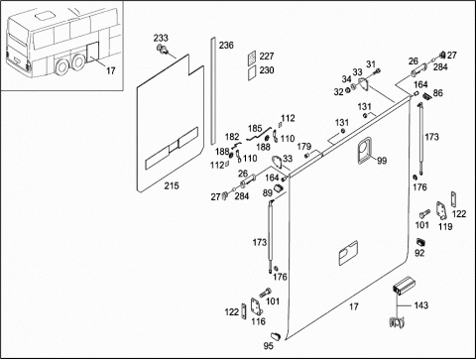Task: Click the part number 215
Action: tap(172, 185)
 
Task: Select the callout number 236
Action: tap(226, 45)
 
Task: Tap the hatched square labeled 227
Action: tap(252, 57)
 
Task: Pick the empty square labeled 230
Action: tap(252, 71)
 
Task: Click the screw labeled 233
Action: tap(163, 50)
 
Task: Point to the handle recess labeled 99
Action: tap(364, 150)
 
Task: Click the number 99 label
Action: tap(382, 161)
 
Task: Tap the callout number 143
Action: tap(421, 305)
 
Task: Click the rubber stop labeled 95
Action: tap(276, 336)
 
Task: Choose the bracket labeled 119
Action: tap(441, 211)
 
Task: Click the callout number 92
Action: tap(419, 253)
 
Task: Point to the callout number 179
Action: tap(304, 146)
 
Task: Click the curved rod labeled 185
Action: tap(259, 133)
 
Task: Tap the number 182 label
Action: tap(232, 137)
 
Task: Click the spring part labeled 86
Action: tap(427, 96)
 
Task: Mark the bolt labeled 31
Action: tap(377, 70)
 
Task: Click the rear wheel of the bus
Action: tap(78, 62)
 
